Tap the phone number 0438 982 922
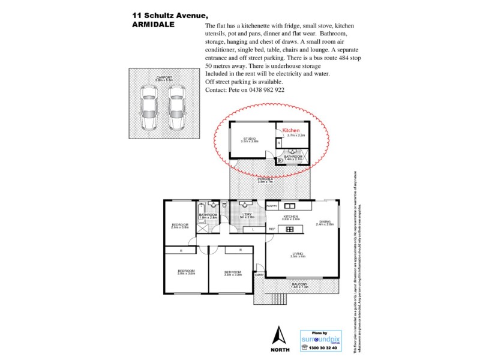click(x=263, y=89)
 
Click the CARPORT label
click(x=164, y=77)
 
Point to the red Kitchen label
click(x=291, y=130)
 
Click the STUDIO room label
click(x=250, y=139)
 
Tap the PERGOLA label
click(x=265, y=179)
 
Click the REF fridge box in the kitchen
click(x=272, y=229)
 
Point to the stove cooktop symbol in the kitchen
click(x=290, y=229)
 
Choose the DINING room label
click(x=325, y=221)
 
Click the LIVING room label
click(x=298, y=253)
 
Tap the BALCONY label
click(x=299, y=284)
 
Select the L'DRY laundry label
click(x=247, y=215)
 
